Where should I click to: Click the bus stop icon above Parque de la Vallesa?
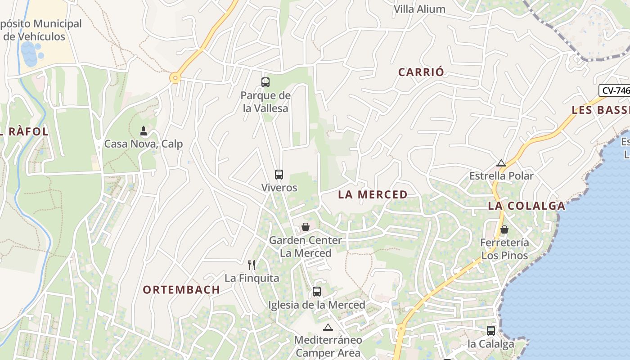click(265, 82)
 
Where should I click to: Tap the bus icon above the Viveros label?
click(279, 174)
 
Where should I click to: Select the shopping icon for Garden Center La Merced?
click(306, 227)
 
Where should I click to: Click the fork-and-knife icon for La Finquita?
click(252, 265)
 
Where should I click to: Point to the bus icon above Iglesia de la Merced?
click(317, 291)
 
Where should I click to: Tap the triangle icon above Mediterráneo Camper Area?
click(328, 327)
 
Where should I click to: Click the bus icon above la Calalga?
click(491, 330)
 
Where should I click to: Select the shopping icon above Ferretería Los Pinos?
click(504, 229)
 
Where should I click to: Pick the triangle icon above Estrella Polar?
click(501, 163)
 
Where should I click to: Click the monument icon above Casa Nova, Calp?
click(144, 131)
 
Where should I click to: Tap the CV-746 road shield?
click(615, 90)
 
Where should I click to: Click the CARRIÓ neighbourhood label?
click(421, 72)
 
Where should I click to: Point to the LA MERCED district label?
click(373, 194)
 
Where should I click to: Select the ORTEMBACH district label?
click(181, 290)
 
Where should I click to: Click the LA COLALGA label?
click(526, 206)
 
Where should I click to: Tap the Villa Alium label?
click(419, 9)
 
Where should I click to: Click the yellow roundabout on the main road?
click(175, 78)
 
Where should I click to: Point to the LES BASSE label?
click(600, 110)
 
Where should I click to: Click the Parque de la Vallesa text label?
click(265, 102)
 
